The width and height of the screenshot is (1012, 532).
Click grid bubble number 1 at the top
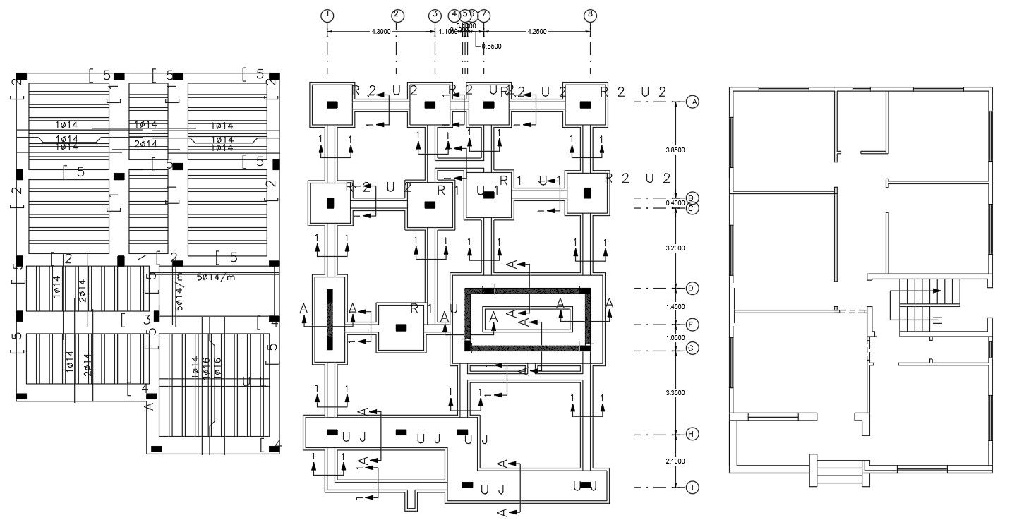click(327, 15)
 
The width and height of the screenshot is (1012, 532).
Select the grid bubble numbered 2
click(397, 15)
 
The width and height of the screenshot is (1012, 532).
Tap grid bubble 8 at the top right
click(590, 15)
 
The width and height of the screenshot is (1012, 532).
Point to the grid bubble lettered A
click(693, 102)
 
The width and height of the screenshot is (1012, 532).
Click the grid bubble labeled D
click(693, 288)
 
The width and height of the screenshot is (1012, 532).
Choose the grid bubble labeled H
click(693, 434)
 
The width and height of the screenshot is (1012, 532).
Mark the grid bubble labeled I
click(693, 487)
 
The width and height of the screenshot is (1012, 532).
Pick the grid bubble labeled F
click(693, 325)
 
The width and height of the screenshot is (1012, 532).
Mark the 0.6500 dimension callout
click(490, 47)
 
